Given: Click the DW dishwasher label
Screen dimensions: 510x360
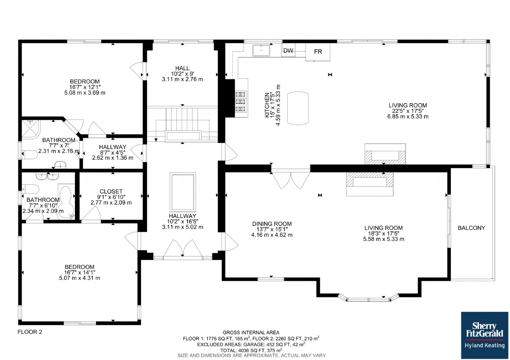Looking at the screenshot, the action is click(x=288, y=51).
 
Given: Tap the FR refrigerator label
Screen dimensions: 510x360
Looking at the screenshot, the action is click(x=318, y=52).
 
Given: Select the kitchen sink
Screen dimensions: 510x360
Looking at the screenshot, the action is click(x=261, y=50).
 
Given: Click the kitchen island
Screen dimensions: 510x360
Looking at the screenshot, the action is click(x=298, y=108).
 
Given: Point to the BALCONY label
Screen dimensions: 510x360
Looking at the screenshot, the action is click(x=471, y=228).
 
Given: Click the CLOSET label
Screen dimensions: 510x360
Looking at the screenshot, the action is click(x=111, y=192).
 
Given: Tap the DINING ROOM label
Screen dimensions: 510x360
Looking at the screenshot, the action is click(x=272, y=224).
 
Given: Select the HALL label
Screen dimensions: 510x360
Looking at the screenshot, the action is click(x=182, y=68).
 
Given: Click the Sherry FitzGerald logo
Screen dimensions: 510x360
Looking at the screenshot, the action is click(x=484, y=335).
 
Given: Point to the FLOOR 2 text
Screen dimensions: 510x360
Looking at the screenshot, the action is click(x=30, y=332).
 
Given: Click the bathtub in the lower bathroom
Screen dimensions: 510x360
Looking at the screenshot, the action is click(x=67, y=202).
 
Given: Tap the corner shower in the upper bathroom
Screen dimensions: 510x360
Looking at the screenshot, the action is click(x=31, y=129).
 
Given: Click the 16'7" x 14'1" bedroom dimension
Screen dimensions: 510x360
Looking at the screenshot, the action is click(x=79, y=272).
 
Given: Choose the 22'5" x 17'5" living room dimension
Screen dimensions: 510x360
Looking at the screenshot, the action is click(x=408, y=111).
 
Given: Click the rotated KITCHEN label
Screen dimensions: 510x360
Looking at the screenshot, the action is click(x=267, y=105).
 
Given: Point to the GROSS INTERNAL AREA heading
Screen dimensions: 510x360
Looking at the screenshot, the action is click(x=251, y=333).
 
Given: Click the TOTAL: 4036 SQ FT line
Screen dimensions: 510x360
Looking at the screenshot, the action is click(x=251, y=350).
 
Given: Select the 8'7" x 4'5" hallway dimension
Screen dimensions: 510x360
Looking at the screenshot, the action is click(x=113, y=152).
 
